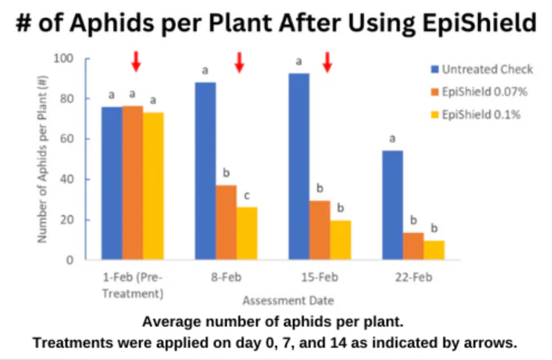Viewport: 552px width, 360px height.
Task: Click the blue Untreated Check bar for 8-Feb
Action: pyautogui.click(x=205, y=171)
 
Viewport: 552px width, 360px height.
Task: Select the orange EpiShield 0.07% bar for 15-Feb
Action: pyautogui.click(x=319, y=230)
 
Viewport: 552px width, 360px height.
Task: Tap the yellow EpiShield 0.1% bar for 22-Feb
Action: pyautogui.click(x=434, y=250)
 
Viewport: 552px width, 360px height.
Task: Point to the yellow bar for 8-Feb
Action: pyautogui.click(x=247, y=233)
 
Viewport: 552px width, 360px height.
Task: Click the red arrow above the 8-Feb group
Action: pyautogui.click(x=239, y=62)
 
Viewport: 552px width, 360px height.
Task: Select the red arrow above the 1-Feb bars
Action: pyautogui.click(x=135, y=62)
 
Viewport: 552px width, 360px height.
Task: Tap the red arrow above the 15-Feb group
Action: pyautogui.click(x=327, y=62)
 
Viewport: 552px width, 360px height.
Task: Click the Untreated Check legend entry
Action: pyautogui.click(x=481, y=70)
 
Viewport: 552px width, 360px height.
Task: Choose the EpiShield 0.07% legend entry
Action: pyautogui.click(x=481, y=92)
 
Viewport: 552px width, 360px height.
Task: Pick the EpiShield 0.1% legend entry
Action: pyautogui.click(x=476, y=115)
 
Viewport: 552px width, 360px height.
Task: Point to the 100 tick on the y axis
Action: pyautogui.click(x=66, y=59)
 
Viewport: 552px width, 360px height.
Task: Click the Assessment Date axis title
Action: pyautogui.click(x=288, y=300)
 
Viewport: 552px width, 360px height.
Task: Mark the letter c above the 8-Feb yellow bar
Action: pyautogui.click(x=246, y=196)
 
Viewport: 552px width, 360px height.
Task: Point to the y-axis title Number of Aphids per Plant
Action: pyautogui.click(x=42, y=159)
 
